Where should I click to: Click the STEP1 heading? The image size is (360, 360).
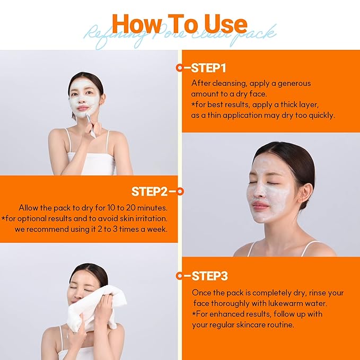208,68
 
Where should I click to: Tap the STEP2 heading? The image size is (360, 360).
149,191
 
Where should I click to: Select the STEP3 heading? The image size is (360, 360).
209,276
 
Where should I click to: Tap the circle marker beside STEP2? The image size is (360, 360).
180,191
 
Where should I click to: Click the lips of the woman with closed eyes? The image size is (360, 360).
259,206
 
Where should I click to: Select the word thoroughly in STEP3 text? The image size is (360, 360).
237,303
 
